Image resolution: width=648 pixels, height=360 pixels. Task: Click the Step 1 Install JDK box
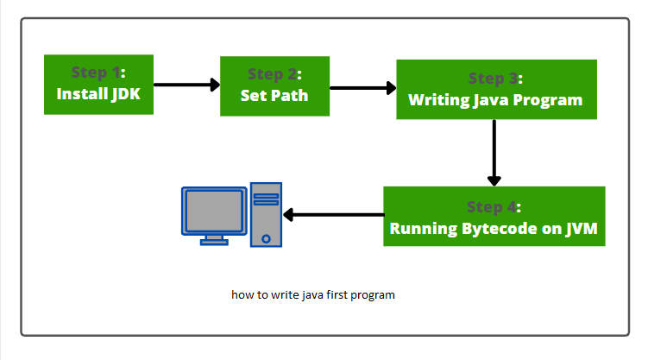[98, 84]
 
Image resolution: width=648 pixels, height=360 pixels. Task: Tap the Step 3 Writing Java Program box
[495, 89]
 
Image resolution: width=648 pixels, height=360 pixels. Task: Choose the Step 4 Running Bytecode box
[494, 217]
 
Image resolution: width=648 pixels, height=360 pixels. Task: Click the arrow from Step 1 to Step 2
[186, 85]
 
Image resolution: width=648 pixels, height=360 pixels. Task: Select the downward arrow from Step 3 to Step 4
[494, 152]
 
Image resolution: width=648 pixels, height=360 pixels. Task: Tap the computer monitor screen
[211, 210]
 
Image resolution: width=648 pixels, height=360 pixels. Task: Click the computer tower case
[266, 214]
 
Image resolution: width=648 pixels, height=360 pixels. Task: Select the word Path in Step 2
[290, 95]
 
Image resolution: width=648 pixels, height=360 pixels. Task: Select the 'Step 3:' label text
[495, 79]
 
